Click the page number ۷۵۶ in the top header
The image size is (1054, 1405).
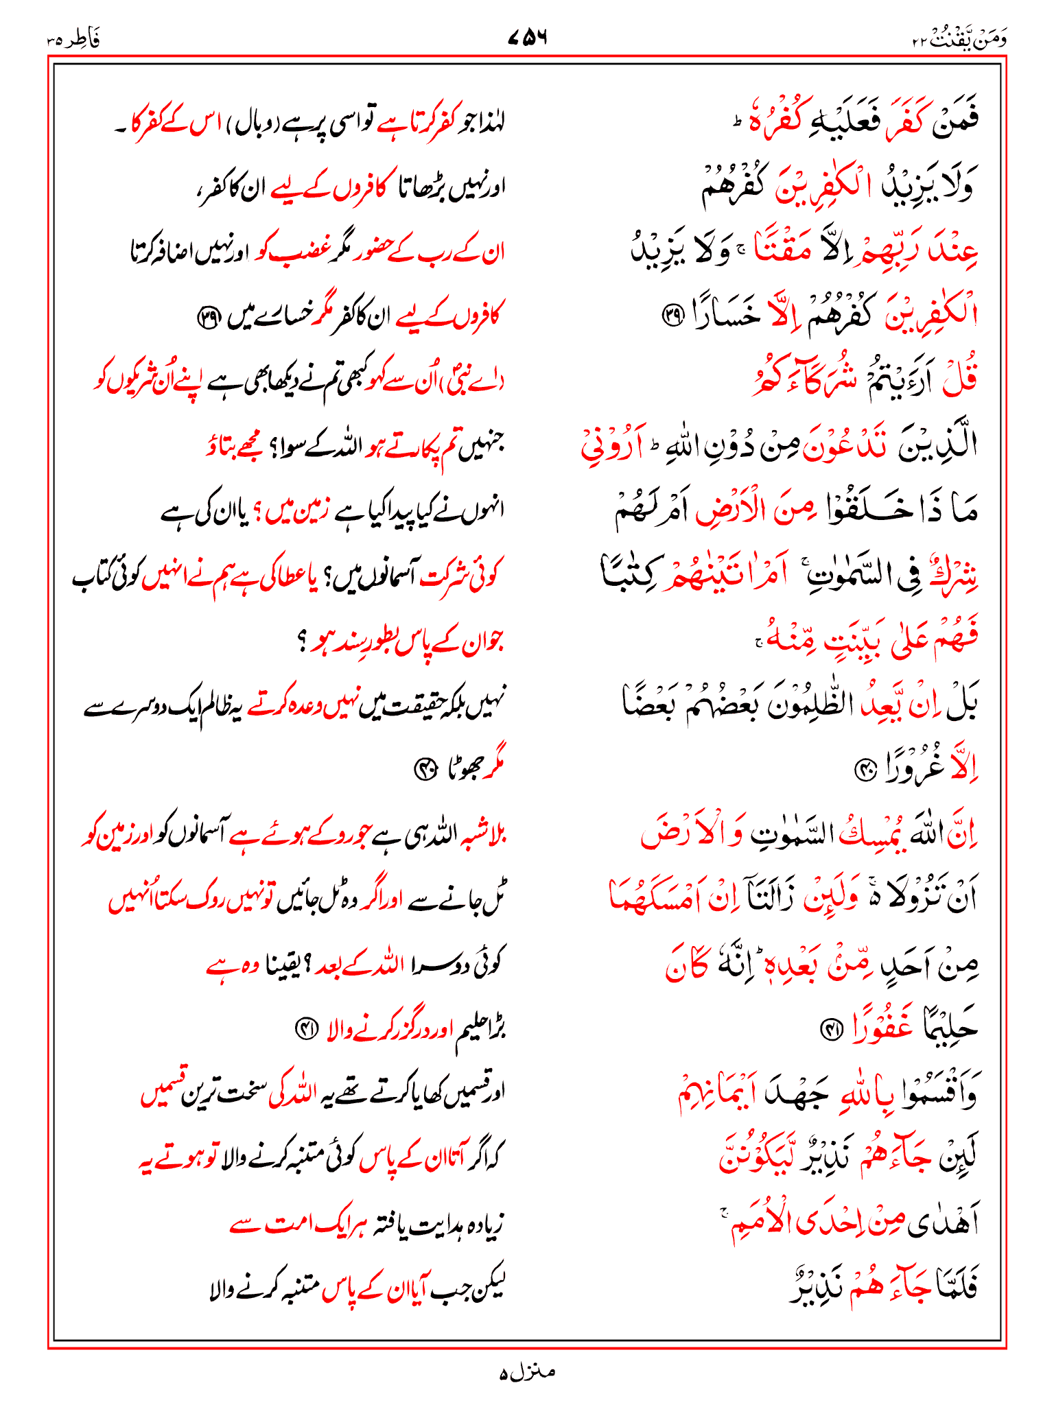click(x=527, y=38)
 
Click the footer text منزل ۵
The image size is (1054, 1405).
click(x=526, y=1373)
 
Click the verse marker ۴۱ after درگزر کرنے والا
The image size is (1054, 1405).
click(x=304, y=1028)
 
